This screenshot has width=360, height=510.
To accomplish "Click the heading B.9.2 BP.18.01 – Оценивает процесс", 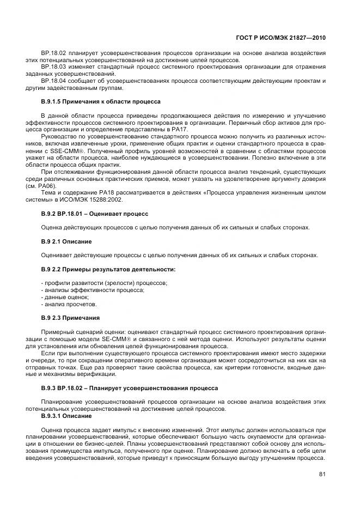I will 87,214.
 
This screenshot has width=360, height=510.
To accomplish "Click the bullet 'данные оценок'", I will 57,297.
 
